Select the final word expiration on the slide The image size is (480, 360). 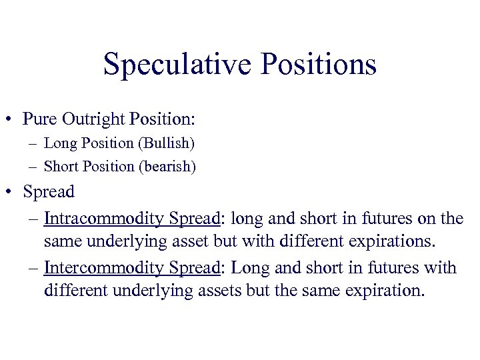click(377, 290)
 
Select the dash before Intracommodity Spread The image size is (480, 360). click(34, 219)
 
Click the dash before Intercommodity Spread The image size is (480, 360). click(34, 269)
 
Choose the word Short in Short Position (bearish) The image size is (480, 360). click(61, 167)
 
